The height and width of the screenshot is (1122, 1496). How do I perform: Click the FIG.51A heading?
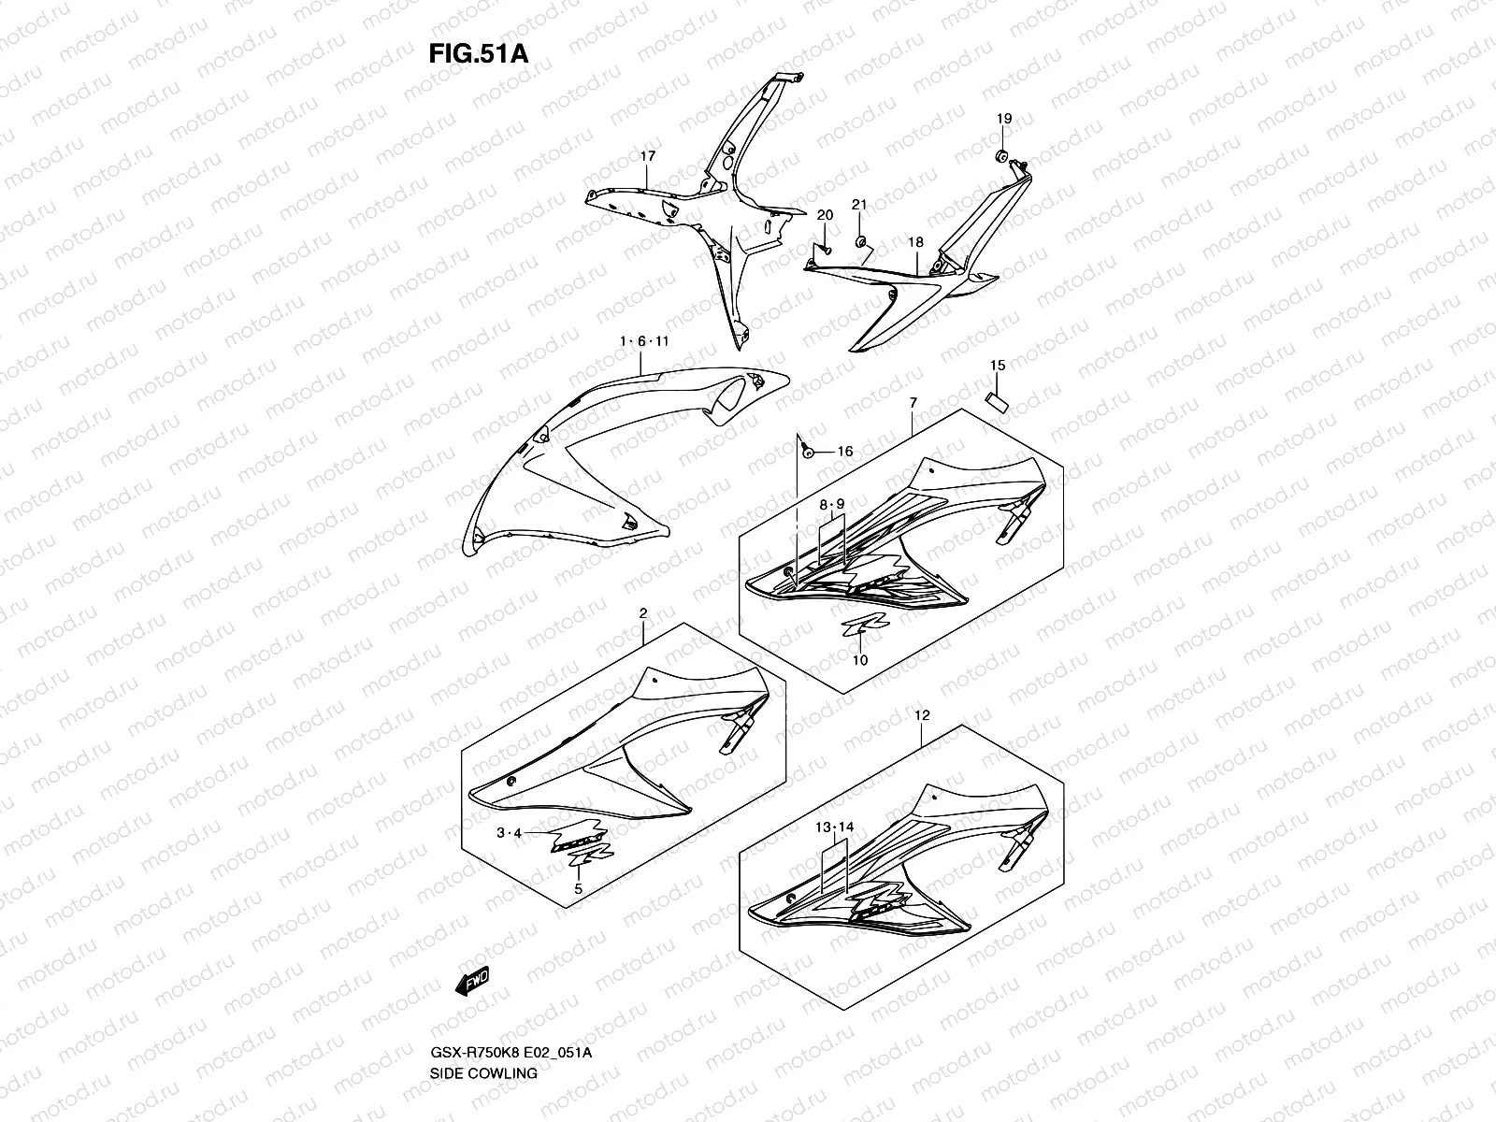[478, 53]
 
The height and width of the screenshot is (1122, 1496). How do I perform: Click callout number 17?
[673, 156]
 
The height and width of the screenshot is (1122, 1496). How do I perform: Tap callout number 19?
[1003, 119]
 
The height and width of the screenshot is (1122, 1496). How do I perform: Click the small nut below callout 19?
[1000, 154]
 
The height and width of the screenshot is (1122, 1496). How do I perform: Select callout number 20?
[824, 215]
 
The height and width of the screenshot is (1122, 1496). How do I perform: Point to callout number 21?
[859, 205]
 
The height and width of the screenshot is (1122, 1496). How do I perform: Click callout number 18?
[915, 242]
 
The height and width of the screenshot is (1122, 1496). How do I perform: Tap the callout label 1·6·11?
[644, 341]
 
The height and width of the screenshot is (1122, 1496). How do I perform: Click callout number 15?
[998, 365]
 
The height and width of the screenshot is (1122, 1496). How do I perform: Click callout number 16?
[844, 452]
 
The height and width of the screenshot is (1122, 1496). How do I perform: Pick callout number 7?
[913, 402]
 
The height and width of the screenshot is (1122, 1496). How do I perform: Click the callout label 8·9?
[831, 504]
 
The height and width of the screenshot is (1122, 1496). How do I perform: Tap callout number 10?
[860, 659]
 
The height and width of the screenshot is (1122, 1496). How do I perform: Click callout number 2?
[642, 612]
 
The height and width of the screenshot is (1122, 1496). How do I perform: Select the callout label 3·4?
[509, 832]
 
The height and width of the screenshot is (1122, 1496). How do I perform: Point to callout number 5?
[578, 889]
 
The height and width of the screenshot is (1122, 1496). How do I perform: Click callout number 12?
[922, 715]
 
